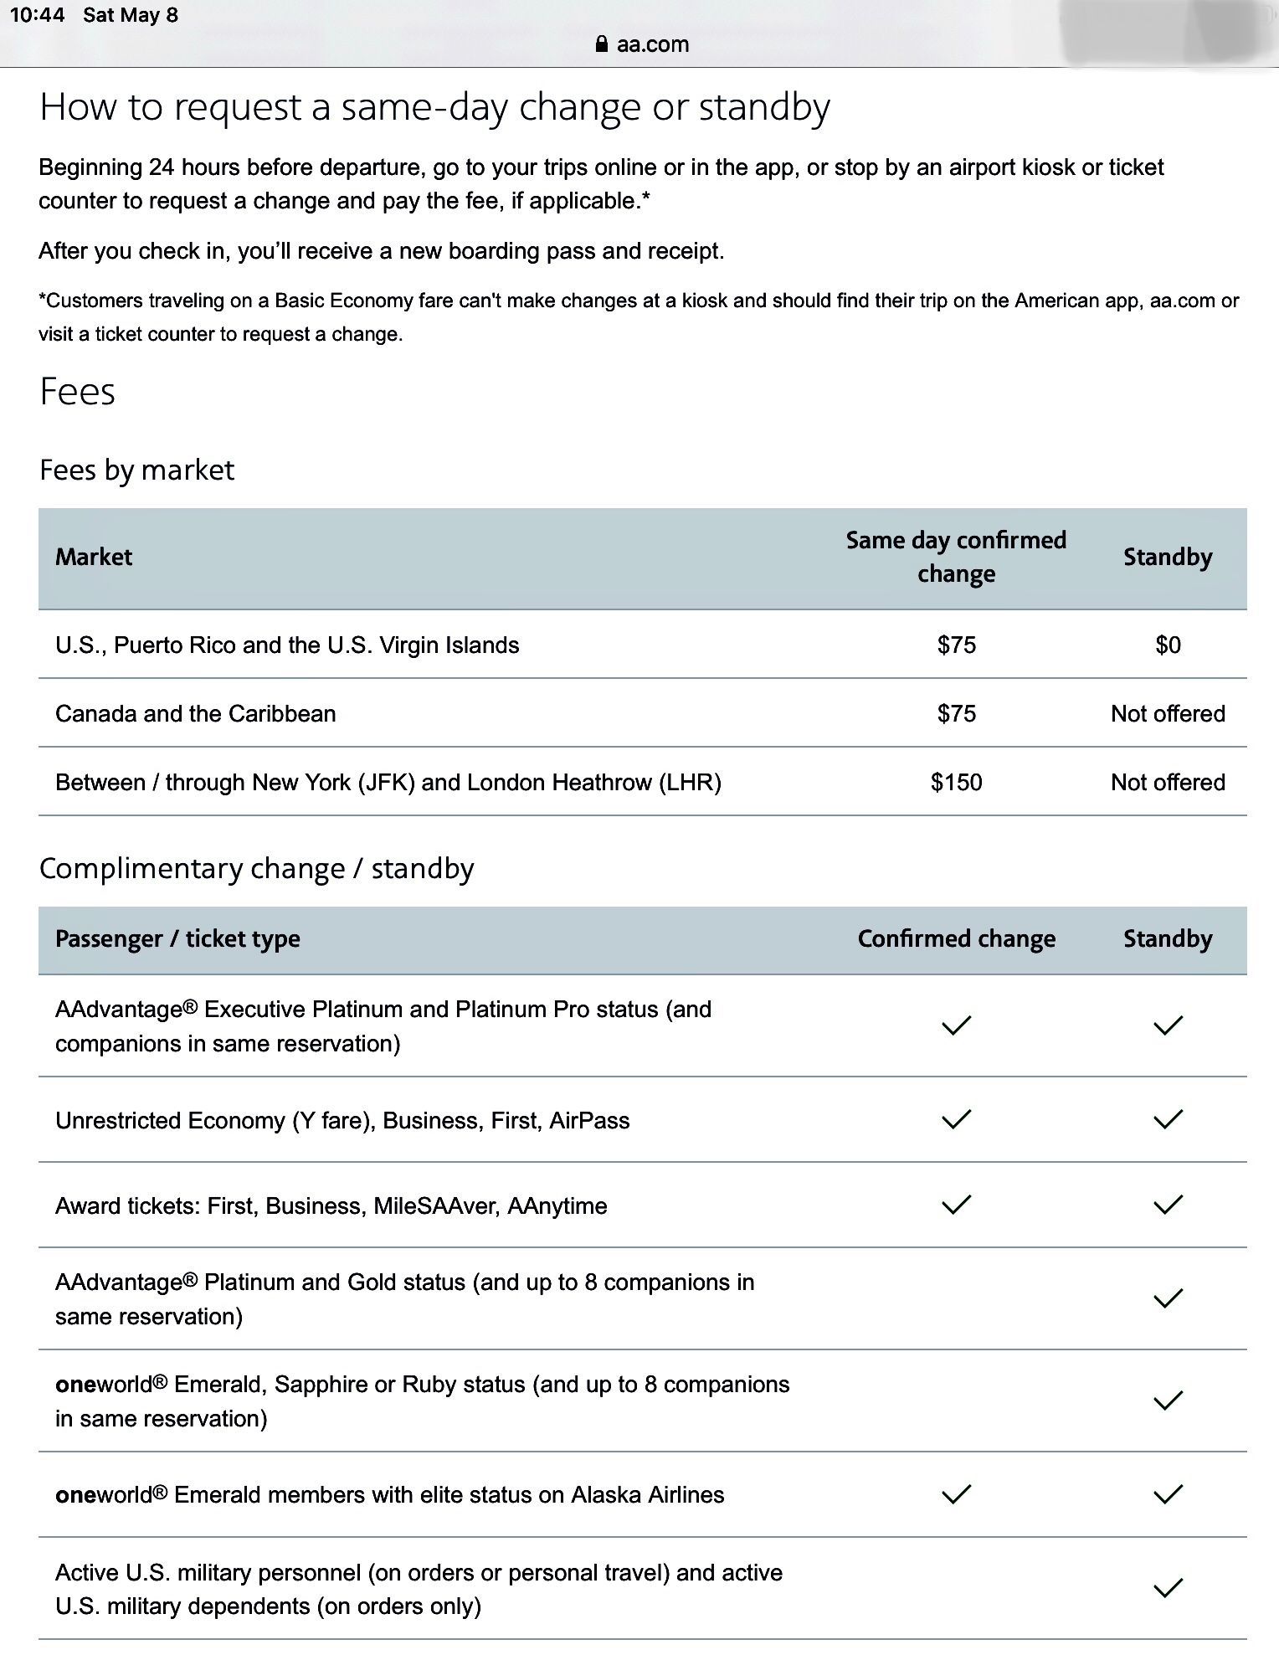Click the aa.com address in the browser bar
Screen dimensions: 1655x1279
pos(652,44)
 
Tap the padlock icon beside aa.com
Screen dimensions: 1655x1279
pos(601,44)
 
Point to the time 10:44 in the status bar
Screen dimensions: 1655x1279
pos(37,15)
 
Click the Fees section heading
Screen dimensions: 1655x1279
pos(77,392)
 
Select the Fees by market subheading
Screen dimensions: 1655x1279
pos(136,470)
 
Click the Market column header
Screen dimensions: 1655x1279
pos(94,558)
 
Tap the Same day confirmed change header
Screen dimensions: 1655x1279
pos(956,557)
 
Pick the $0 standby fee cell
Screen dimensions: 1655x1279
pos(1168,645)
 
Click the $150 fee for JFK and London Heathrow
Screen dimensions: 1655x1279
pos(956,783)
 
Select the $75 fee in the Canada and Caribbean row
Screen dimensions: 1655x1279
pos(956,714)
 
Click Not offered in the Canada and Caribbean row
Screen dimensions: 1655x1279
pos(1168,714)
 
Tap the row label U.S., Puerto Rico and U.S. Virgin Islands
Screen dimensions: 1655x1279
pos(287,645)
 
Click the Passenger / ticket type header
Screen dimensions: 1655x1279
pos(177,939)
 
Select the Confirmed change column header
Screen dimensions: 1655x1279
pos(956,939)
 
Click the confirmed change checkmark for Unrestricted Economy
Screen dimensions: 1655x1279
pos(956,1119)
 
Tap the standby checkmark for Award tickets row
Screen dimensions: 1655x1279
pos(1168,1205)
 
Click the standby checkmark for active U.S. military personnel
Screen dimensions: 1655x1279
pos(1168,1588)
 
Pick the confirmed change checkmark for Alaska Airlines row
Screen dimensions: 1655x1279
pos(956,1494)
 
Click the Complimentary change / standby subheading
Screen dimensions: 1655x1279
pos(256,869)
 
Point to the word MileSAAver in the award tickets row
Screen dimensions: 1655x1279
pos(429,1206)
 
